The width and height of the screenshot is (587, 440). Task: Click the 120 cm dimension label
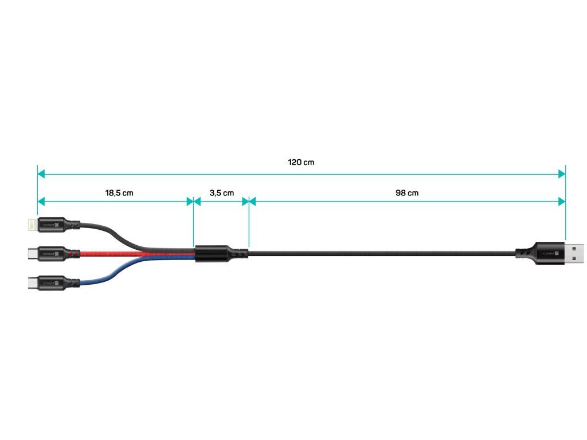[301, 163]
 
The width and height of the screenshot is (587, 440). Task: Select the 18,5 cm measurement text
[119, 193]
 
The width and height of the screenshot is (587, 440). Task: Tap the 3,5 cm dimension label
[221, 193]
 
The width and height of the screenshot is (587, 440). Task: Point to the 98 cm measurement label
[407, 193]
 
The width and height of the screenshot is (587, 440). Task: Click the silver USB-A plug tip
[575, 252]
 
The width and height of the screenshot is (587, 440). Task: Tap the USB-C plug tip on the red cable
[31, 252]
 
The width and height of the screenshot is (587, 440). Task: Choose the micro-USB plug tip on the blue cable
[31, 282]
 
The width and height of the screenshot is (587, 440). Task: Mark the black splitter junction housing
[212, 253]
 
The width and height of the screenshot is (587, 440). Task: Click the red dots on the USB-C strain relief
[71, 252]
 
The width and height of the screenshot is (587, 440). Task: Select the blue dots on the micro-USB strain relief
[71, 282]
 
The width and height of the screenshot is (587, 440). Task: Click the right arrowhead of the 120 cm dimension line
[562, 173]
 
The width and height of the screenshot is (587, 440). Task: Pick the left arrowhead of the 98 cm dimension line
[252, 201]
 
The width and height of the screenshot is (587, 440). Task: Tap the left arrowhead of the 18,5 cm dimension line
[41, 201]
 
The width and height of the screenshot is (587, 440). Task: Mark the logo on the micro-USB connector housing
[50, 282]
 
